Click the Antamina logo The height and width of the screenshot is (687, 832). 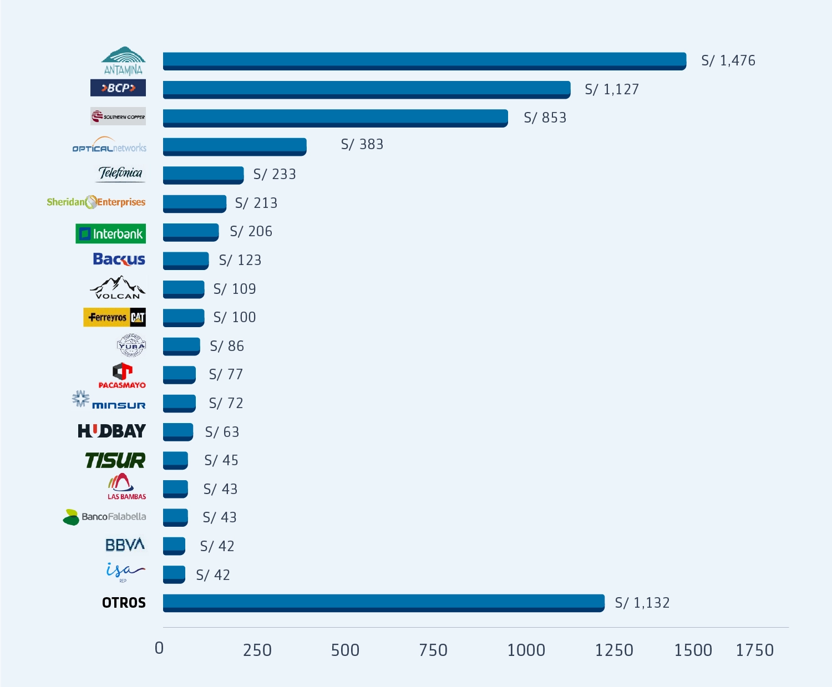(123, 60)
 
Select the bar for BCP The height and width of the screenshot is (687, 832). (366, 89)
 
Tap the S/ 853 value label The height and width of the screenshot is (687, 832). (545, 118)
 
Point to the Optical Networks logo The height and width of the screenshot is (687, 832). (109, 146)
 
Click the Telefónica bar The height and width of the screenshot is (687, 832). (203, 175)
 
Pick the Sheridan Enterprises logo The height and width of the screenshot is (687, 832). (96, 202)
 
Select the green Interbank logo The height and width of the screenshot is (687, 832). (110, 233)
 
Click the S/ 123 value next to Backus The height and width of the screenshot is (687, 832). (240, 260)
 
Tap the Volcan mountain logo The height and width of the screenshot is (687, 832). (118, 288)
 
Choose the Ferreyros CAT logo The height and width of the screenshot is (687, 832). (114, 317)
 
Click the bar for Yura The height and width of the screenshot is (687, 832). (181, 346)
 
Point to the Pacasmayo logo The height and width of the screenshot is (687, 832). (122, 375)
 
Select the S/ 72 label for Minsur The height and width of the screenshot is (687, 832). (226, 403)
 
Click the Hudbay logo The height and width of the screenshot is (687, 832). (111, 431)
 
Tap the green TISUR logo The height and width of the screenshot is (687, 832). (115, 460)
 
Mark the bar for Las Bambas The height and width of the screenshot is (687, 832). (175, 489)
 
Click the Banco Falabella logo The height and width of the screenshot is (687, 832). (104, 517)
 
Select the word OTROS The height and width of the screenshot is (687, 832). (124, 603)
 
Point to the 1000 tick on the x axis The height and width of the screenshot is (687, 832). (526, 650)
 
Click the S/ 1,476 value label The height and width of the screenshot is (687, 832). (728, 60)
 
